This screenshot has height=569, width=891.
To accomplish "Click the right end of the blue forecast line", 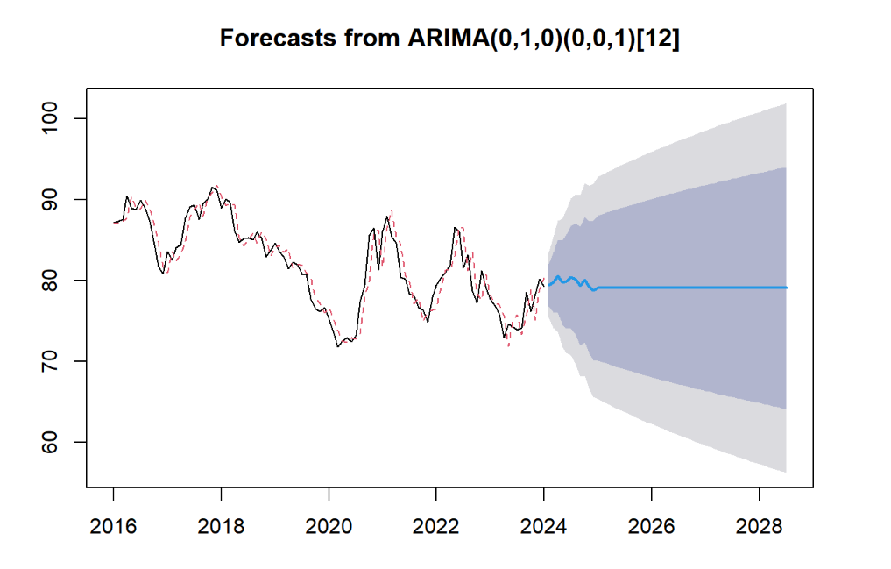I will click(x=786, y=288).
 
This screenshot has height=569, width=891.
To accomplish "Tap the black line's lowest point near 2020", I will click(x=338, y=347).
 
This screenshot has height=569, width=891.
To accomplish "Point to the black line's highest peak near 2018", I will click(x=213, y=187).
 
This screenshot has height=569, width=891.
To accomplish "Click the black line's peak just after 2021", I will click(x=387, y=217).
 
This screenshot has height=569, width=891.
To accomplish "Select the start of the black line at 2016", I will click(x=114, y=223).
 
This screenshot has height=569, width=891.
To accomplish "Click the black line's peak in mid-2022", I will click(x=455, y=227).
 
